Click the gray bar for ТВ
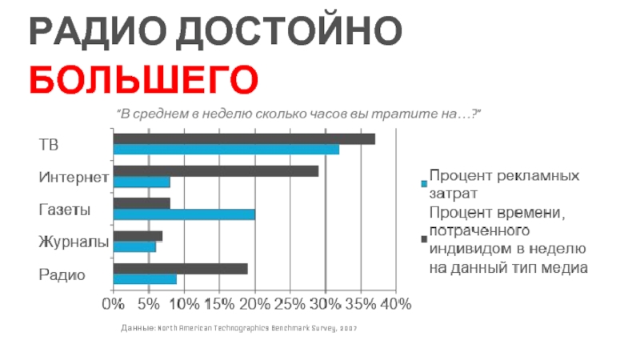(x=244, y=139)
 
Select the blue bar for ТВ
(x=226, y=150)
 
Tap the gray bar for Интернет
(x=216, y=171)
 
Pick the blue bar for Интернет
(x=142, y=182)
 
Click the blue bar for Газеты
(x=184, y=214)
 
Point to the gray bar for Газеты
(x=142, y=203)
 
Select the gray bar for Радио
(x=181, y=269)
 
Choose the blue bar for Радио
(x=145, y=279)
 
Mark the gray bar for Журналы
(x=138, y=236)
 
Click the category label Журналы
(x=74, y=241)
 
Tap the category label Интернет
(x=74, y=176)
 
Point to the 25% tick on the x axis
(x=291, y=304)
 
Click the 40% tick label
(x=396, y=304)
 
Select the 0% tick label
(x=114, y=304)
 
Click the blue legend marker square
(x=423, y=184)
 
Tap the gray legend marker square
(x=423, y=239)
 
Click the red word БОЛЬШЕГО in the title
(x=144, y=80)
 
